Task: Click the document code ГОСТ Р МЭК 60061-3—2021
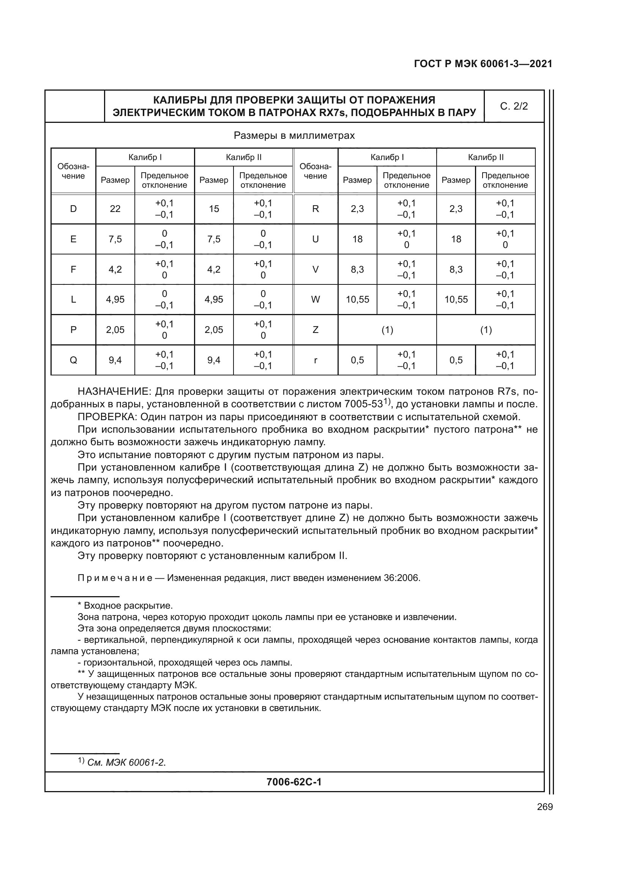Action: [483, 64]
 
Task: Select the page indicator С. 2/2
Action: [514, 106]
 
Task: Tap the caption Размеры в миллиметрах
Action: [294, 136]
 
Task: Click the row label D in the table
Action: [73, 209]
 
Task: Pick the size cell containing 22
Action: [115, 209]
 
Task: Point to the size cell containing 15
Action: [214, 209]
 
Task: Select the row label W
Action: [316, 300]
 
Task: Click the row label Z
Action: [316, 330]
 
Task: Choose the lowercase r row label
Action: [316, 360]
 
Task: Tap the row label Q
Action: [73, 360]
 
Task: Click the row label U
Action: [316, 239]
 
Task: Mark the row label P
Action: [73, 330]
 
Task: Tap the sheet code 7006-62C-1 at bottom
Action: [294, 782]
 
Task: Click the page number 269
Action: [545, 807]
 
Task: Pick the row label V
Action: [316, 269]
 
